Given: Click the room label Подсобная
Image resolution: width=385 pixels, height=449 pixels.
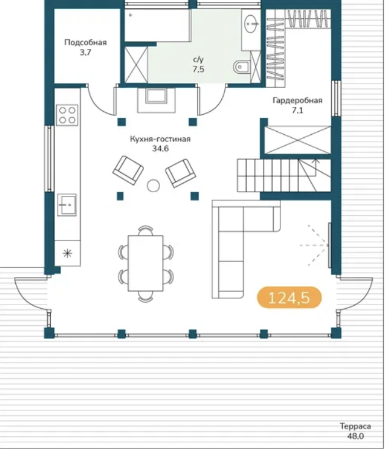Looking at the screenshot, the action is click(x=86, y=43).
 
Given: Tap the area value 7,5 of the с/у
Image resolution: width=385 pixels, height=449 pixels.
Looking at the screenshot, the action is click(x=199, y=70).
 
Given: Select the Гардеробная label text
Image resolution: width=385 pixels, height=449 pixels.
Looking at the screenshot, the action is click(x=298, y=101).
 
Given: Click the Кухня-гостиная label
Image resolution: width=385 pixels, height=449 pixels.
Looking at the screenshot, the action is click(x=160, y=139).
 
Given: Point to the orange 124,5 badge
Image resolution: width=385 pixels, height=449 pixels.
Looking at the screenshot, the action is click(x=289, y=298).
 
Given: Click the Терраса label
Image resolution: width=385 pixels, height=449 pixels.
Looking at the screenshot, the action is click(x=356, y=426).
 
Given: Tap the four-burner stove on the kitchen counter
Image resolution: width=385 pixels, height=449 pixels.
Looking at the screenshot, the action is click(x=67, y=115).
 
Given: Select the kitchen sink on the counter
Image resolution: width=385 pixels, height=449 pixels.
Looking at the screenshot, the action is click(x=67, y=205).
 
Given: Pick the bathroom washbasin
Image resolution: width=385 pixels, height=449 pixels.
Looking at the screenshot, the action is click(x=252, y=23).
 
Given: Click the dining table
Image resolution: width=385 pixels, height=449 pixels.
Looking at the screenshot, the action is click(x=145, y=263).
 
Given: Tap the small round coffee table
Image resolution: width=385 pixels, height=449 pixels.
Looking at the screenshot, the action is click(x=153, y=185).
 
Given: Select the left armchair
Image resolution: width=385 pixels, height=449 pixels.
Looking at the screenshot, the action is click(x=128, y=170).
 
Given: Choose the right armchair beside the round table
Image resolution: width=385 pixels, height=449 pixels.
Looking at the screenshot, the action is click(x=181, y=173).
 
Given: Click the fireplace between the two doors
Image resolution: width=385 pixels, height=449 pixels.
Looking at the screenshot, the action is click(x=156, y=99).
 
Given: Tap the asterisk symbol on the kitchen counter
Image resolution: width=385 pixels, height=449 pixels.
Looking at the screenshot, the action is click(x=67, y=253).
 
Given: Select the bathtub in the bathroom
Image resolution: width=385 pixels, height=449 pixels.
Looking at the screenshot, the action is click(x=158, y=25).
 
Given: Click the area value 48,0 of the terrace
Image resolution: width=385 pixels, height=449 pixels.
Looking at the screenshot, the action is click(x=356, y=436).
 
